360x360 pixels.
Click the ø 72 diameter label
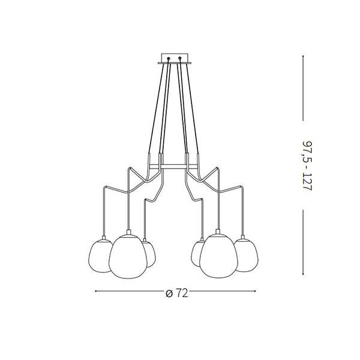tap(177, 293)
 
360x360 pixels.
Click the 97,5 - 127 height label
tap(307, 166)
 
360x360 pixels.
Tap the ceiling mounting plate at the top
tap(175, 59)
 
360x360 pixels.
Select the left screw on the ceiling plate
tap(169, 58)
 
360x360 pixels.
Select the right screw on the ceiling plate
tap(180, 58)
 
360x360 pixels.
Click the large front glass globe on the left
tap(128, 257)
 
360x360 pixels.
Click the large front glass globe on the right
tap(218, 256)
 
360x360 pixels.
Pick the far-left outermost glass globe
tap(100, 256)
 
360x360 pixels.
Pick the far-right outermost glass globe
tap(247, 256)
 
